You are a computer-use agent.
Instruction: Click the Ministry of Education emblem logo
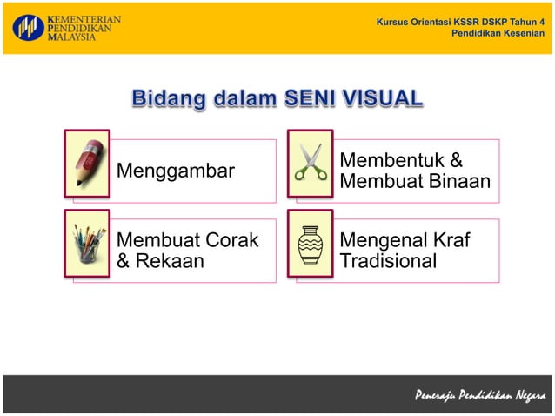pyautogui.click(x=27, y=28)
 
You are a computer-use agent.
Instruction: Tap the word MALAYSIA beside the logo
pyautogui.click(x=74, y=38)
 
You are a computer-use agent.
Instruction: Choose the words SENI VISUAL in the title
pyautogui.click(x=353, y=98)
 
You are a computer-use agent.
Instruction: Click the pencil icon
pyautogui.click(x=87, y=163)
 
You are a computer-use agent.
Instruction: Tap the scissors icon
pyautogui.click(x=311, y=163)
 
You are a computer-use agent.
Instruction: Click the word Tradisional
pyautogui.click(x=388, y=260)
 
